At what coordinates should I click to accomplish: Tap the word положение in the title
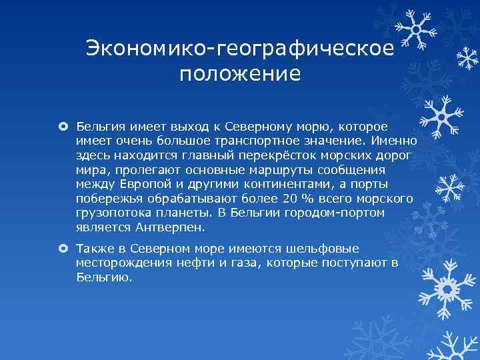tap(240, 73)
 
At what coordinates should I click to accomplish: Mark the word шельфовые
tap(327, 248)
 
